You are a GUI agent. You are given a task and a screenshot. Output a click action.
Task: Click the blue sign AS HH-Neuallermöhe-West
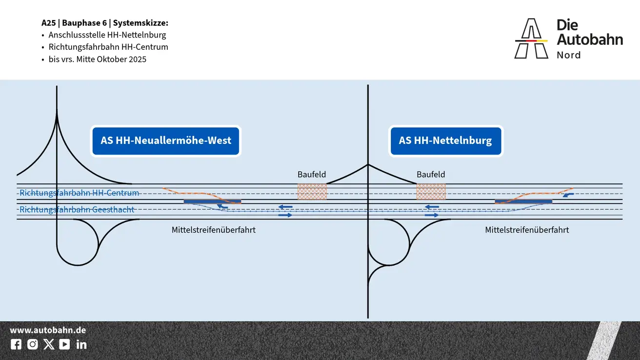(166, 141)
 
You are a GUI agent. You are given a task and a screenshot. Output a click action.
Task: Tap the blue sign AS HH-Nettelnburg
(445, 141)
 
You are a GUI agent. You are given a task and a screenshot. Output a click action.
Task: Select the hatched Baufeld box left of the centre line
(312, 192)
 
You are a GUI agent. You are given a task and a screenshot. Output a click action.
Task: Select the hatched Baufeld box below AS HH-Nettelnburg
(431, 192)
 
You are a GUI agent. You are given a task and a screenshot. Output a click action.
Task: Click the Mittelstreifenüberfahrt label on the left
(214, 230)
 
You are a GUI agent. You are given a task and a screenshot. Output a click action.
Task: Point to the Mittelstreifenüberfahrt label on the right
(527, 230)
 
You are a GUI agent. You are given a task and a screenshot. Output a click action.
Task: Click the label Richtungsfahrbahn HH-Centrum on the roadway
(79, 193)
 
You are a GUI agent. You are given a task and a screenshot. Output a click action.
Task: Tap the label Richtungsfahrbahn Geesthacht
(77, 210)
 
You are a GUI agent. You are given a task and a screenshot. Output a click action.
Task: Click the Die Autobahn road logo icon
(531, 39)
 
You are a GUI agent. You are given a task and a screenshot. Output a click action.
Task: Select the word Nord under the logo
(569, 55)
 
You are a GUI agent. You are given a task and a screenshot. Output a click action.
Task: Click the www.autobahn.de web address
(48, 330)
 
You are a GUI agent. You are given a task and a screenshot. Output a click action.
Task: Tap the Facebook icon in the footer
(16, 344)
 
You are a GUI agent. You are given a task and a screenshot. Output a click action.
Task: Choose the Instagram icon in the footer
(33, 344)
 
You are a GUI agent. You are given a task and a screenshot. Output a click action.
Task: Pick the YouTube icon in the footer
(64, 344)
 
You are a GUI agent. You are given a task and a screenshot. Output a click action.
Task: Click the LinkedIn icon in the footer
(81, 344)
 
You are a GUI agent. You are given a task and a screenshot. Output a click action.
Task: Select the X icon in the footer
(49, 344)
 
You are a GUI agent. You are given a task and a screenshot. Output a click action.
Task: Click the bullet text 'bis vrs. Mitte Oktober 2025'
(98, 60)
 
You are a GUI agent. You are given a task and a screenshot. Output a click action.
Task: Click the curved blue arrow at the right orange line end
(568, 195)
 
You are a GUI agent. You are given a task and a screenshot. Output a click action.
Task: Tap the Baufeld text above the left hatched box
(312, 174)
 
